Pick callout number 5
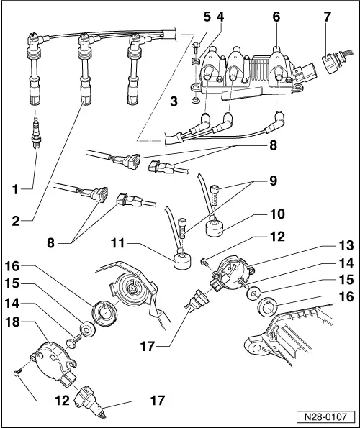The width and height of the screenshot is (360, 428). pyautogui.click(x=206, y=15)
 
